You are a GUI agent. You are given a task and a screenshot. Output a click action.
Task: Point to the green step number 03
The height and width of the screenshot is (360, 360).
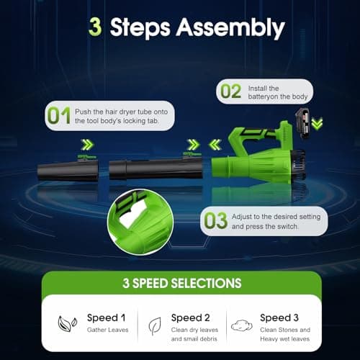(215, 220)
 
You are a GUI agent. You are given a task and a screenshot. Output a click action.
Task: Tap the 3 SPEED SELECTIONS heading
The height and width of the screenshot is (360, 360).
(180, 283)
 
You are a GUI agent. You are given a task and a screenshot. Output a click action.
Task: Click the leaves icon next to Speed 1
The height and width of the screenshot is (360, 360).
(64, 323)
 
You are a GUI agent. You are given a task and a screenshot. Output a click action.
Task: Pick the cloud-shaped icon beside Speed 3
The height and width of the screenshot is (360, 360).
(241, 325)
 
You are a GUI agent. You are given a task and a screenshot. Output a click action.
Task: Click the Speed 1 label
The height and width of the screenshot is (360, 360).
(106, 317)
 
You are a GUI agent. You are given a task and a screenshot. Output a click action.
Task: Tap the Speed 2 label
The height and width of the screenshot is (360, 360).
(192, 317)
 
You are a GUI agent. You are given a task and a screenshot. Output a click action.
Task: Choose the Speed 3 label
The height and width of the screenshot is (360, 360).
(280, 317)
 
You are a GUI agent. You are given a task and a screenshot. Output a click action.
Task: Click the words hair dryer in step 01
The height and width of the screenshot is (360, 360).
(125, 111)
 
